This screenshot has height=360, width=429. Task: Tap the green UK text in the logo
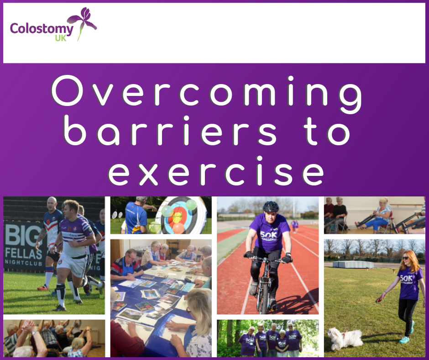point(61,38)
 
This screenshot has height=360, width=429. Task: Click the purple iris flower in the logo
point(82,22)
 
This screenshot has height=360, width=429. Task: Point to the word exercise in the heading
point(216,171)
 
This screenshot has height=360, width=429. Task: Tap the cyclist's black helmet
point(271,206)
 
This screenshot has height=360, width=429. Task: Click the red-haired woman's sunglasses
point(405,258)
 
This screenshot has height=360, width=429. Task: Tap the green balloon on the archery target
point(191,204)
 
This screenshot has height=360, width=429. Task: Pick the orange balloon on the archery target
point(178,228)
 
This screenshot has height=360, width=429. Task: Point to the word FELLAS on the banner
point(24,254)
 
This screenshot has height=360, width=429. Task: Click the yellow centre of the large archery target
point(177,218)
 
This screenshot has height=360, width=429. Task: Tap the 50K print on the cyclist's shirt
point(268,235)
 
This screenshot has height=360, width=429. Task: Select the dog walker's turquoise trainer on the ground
point(404,340)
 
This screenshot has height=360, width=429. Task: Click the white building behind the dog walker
point(353,265)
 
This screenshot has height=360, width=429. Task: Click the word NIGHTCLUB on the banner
point(24,263)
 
